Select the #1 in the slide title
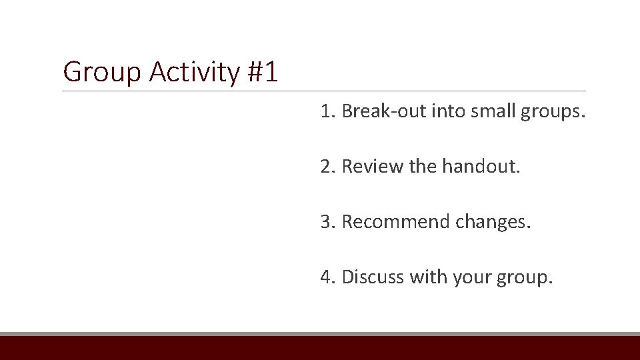pyautogui.click(x=262, y=72)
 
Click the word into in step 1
pyautogui.click(x=450, y=111)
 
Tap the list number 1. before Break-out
pyautogui.click(x=327, y=111)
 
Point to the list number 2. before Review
pyautogui.click(x=327, y=167)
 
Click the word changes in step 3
pyautogui.click(x=493, y=222)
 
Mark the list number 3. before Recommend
pyautogui.click(x=327, y=222)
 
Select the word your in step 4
pyautogui.click(x=470, y=277)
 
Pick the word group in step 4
pyautogui.click(x=524, y=277)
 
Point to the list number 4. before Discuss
pyautogui.click(x=327, y=277)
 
